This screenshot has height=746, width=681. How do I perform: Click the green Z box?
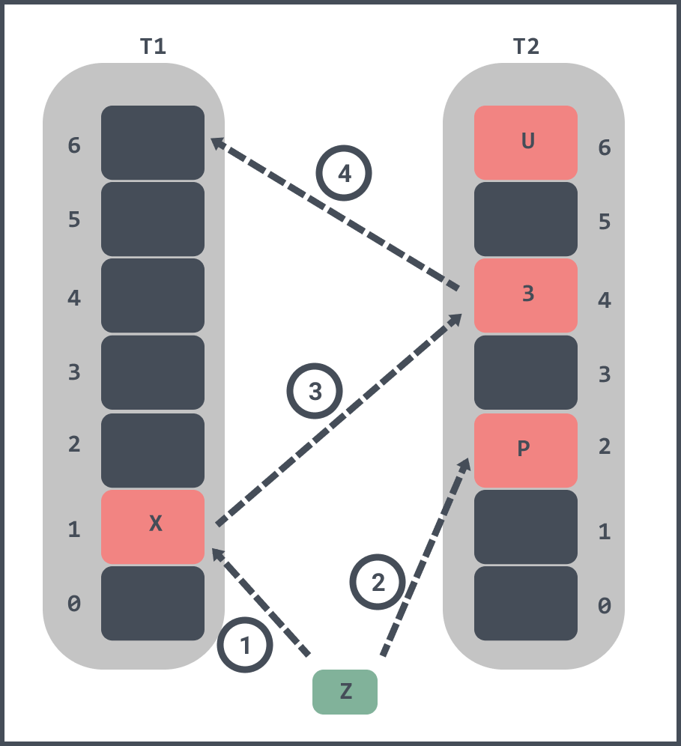click(345, 691)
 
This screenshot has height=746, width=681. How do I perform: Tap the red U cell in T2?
click(526, 142)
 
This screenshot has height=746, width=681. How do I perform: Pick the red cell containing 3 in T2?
click(526, 295)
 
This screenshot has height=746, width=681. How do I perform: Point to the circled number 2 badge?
click(378, 583)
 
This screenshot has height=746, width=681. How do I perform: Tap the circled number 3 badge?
click(315, 392)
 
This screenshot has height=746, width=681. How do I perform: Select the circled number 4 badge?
click(345, 175)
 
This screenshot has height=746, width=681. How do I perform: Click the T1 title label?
click(154, 46)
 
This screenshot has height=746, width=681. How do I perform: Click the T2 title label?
click(526, 46)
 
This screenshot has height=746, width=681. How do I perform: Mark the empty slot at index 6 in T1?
click(153, 142)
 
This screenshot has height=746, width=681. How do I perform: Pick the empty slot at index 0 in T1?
click(153, 603)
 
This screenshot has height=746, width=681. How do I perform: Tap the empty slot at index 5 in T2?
click(526, 219)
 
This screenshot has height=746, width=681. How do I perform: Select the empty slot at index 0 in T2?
click(526, 603)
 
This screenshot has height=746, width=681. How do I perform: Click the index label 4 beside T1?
click(74, 298)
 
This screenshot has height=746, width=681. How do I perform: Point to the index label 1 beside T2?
click(604, 532)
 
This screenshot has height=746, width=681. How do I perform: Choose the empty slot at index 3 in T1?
click(153, 372)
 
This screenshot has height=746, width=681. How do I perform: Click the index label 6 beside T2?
click(604, 148)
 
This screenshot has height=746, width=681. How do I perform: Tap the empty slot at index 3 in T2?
click(526, 372)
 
